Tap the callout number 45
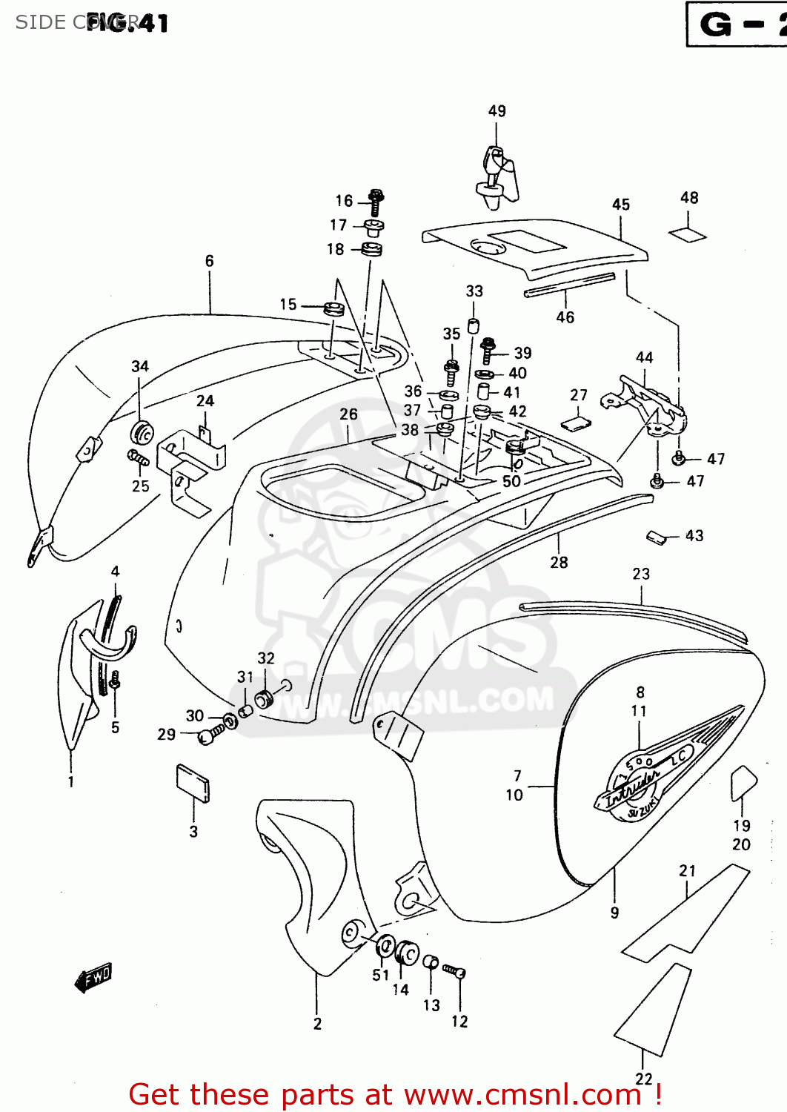tap(621, 205)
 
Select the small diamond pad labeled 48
tap(688, 235)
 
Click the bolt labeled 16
tap(376, 201)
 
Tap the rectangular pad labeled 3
tap(193, 783)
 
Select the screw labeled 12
tap(454, 971)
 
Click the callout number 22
tap(644, 1079)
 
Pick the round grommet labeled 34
tap(142, 433)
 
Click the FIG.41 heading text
tap(127, 23)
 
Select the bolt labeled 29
tap(211, 735)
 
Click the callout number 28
tap(559, 563)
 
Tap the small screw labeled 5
tap(115, 679)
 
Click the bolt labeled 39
tap(488, 351)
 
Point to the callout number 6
tap(210, 261)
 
